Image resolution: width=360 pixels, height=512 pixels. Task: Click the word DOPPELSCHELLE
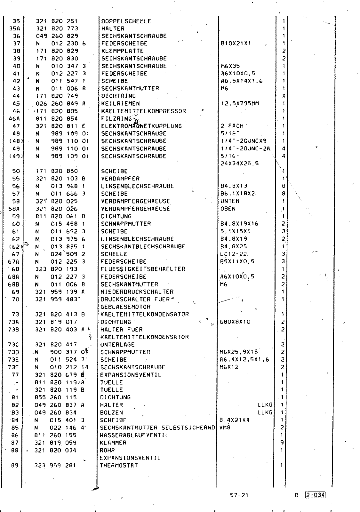(x=126, y=21)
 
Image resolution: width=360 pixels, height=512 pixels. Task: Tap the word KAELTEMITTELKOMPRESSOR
(x=143, y=111)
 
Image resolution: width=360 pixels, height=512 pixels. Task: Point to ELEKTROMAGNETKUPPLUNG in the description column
(x=141, y=126)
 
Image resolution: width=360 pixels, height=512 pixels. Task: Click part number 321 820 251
(x=57, y=21)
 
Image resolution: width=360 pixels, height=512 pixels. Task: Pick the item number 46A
(x=14, y=119)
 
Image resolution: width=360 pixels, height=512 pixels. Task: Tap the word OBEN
(x=228, y=209)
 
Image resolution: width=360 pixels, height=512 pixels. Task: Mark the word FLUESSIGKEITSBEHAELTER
(x=143, y=269)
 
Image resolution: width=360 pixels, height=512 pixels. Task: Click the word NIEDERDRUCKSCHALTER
(x=137, y=292)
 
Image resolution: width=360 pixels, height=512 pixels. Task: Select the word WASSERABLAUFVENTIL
(x=134, y=435)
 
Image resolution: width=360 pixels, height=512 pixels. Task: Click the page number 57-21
(x=239, y=495)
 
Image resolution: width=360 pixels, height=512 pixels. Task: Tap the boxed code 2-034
(x=315, y=495)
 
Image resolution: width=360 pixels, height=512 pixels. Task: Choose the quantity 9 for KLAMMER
(x=282, y=443)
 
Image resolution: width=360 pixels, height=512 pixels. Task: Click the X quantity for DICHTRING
(x=284, y=96)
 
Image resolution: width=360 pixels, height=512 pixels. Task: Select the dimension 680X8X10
(x=235, y=322)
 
